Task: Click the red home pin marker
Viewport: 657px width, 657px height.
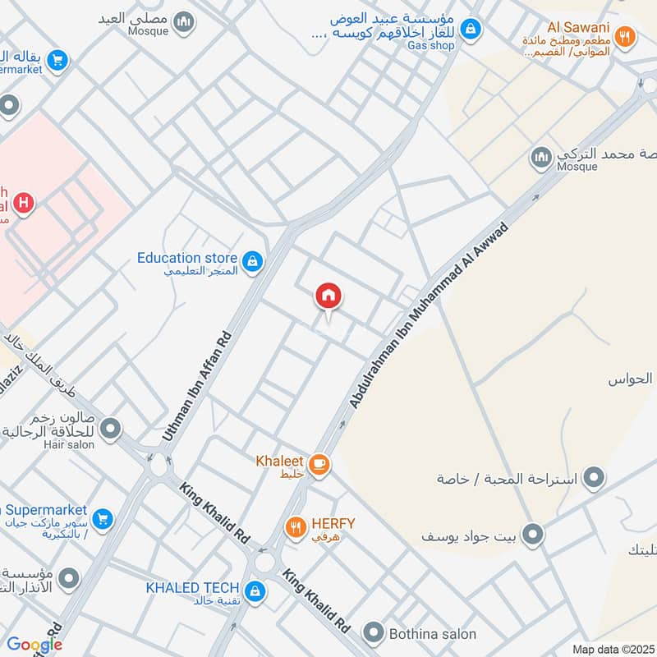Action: click(x=328, y=296)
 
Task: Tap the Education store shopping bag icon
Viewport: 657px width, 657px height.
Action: click(x=253, y=262)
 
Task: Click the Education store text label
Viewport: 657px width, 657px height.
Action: click(x=187, y=258)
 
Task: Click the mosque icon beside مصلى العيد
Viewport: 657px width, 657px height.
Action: click(x=185, y=21)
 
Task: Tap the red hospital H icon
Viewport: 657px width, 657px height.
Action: click(x=24, y=202)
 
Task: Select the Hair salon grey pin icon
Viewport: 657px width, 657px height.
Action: click(x=111, y=429)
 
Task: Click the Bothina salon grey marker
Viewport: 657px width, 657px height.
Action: click(x=374, y=632)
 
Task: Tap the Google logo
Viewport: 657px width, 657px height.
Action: click(x=34, y=644)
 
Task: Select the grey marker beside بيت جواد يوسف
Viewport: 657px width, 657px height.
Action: click(x=534, y=536)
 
